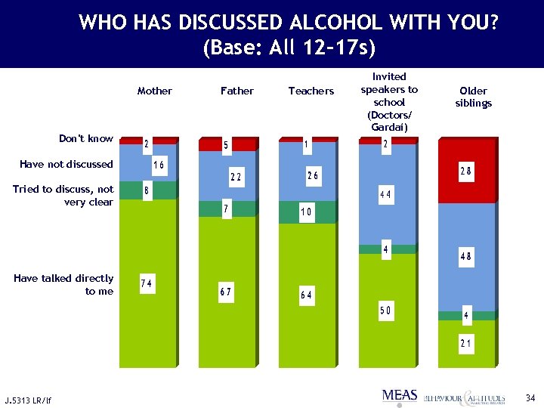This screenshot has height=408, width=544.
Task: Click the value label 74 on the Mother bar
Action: pyautogui.click(x=147, y=283)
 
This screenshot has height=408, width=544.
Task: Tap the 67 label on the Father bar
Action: pyautogui.click(x=225, y=292)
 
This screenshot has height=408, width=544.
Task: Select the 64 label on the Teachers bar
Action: pyautogui.click(x=306, y=295)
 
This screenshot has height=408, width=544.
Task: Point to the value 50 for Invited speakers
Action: pyautogui.click(x=386, y=311)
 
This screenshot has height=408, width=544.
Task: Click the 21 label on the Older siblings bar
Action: pyautogui.click(x=466, y=344)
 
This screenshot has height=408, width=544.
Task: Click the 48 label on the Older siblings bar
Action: pyautogui.click(x=466, y=257)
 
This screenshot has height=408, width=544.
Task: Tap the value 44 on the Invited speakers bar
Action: pyautogui.click(x=385, y=196)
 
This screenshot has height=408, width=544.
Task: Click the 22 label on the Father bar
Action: pyautogui.click(x=236, y=177)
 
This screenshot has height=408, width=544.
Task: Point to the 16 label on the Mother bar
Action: pyautogui.click(x=159, y=165)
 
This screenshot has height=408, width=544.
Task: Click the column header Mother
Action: pyautogui.click(x=155, y=91)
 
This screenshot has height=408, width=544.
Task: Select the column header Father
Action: pyautogui.click(x=237, y=91)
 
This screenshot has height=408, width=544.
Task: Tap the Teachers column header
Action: pyautogui.click(x=311, y=91)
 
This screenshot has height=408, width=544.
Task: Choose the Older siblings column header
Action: pyautogui.click(x=474, y=97)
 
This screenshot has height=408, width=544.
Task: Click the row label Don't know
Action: pyautogui.click(x=86, y=138)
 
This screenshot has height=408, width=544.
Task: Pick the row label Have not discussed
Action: pyautogui.click(x=66, y=164)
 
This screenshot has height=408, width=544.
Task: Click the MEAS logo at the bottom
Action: pyautogui.click(x=400, y=395)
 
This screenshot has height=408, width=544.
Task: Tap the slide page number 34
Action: pyautogui.click(x=530, y=397)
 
